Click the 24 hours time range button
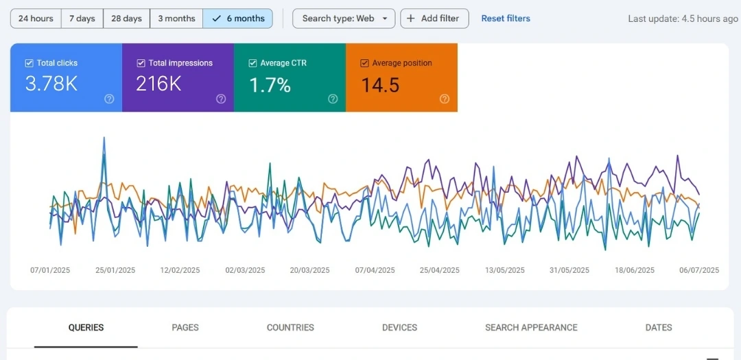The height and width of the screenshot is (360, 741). (x=36, y=19)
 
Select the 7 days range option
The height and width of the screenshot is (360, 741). (x=82, y=19)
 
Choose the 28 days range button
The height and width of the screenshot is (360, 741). (x=126, y=19)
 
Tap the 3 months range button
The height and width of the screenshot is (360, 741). (x=176, y=19)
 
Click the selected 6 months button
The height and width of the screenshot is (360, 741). (x=238, y=19)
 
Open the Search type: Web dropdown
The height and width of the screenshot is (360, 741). (x=344, y=19)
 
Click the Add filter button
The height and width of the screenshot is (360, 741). (x=434, y=19)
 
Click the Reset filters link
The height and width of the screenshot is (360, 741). (x=506, y=19)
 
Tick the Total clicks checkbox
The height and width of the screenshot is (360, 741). (x=30, y=63)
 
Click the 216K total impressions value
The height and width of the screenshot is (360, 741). (x=158, y=84)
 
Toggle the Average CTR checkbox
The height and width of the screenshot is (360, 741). (x=252, y=63)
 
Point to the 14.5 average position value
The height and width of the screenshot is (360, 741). (x=380, y=85)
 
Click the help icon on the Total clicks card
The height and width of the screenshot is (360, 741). (x=109, y=99)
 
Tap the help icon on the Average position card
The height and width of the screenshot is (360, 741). (x=445, y=99)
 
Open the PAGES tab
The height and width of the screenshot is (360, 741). (x=185, y=328)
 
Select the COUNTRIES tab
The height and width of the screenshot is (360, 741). (x=290, y=328)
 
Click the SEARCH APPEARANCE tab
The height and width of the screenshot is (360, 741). (x=531, y=328)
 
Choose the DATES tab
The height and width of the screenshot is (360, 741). (x=659, y=328)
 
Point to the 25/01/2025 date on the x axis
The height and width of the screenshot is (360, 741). (x=115, y=270)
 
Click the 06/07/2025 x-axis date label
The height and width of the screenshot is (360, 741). (x=699, y=270)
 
